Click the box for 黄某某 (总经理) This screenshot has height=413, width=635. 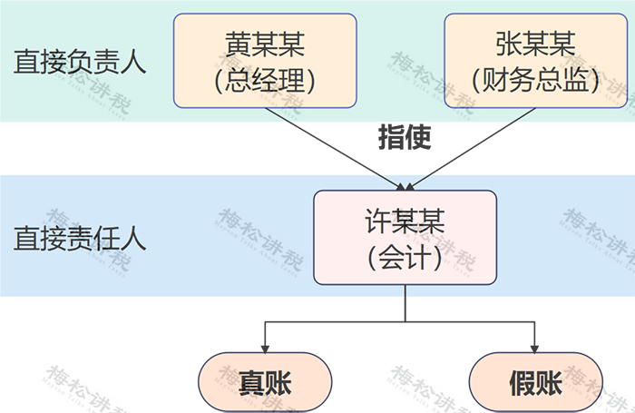click(x=265, y=61)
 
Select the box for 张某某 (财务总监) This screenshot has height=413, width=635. click(x=535, y=61)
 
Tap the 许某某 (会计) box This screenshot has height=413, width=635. click(x=405, y=238)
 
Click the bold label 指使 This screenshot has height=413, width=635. click(x=404, y=138)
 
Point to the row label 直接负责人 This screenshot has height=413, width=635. click(x=80, y=62)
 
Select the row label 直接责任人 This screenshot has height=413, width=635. click(x=80, y=239)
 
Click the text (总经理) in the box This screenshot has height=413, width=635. click(x=265, y=81)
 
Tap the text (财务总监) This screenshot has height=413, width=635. click(x=535, y=81)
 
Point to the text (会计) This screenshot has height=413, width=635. click(x=405, y=258)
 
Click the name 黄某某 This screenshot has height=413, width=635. click(x=265, y=43)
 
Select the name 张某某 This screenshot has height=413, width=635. click(x=535, y=43)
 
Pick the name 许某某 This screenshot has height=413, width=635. click(x=405, y=220)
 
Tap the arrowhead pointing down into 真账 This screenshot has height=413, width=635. click(x=265, y=348)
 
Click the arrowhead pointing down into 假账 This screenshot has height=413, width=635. click(x=535, y=348)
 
